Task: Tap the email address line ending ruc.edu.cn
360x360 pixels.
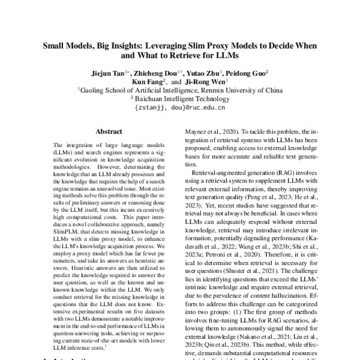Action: click(x=179, y=109)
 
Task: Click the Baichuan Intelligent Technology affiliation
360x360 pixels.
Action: click(x=182, y=99)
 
